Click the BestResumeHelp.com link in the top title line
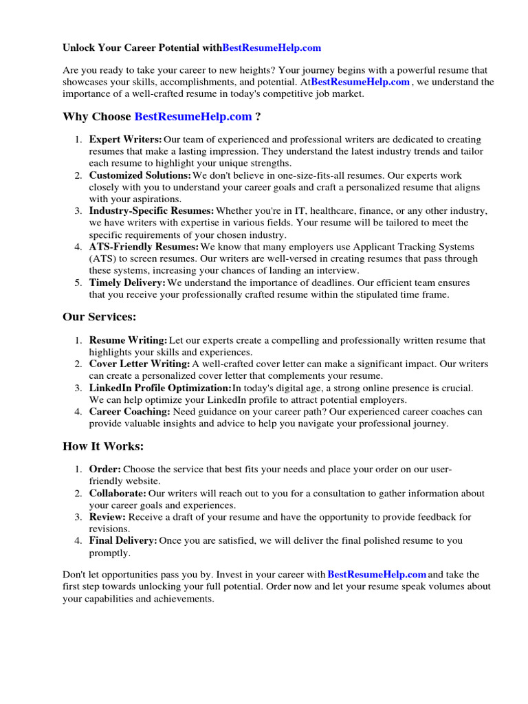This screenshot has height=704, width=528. click(x=272, y=48)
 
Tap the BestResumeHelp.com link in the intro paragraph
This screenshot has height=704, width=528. click(x=360, y=82)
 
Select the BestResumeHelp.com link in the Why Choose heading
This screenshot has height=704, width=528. click(x=193, y=117)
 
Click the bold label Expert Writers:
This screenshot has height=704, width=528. click(x=126, y=140)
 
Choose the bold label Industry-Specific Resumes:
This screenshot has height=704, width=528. click(x=151, y=211)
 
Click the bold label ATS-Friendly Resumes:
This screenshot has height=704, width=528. click(x=144, y=247)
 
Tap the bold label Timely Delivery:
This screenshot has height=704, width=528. click(x=127, y=283)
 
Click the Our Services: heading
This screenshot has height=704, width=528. click(x=100, y=317)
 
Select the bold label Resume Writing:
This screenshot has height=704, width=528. click(x=128, y=340)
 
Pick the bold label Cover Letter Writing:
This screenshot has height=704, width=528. click(x=140, y=364)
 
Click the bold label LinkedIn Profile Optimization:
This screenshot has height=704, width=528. click(x=160, y=388)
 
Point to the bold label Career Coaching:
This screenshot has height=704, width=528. click(x=129, y=412)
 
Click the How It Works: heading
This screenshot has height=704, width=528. click(x=103, y=446)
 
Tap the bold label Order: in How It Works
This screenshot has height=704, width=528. click(x=105, y=469)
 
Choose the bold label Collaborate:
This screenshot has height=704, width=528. click(x=118, y=493)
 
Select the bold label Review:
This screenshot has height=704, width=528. click(x=107, y=517)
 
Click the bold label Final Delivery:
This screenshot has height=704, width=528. click(x=123, y=541)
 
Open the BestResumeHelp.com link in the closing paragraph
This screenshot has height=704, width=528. click(x=377, y=574)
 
